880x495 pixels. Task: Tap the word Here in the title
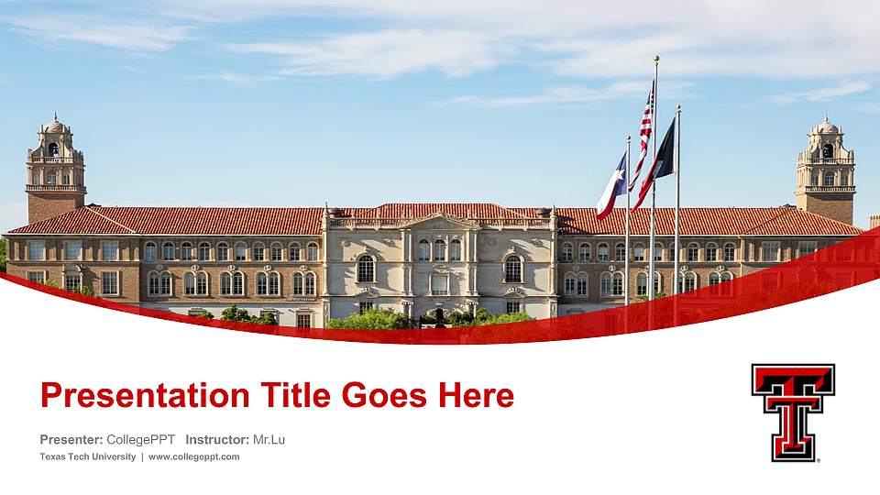click(476, 396)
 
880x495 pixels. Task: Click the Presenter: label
click(71, 440)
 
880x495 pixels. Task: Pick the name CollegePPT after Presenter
click(141, 440)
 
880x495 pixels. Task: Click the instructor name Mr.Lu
click(269, 440)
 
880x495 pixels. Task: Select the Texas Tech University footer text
click(88, 456)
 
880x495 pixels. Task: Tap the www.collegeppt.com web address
click(194, 456)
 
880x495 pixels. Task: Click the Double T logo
click(793, 412)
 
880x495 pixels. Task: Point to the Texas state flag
click(611, 188)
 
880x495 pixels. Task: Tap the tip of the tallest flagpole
click(656, 58)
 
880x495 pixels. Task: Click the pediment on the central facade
click(439, 220)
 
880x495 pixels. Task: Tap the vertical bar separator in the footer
click(142, 456)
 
